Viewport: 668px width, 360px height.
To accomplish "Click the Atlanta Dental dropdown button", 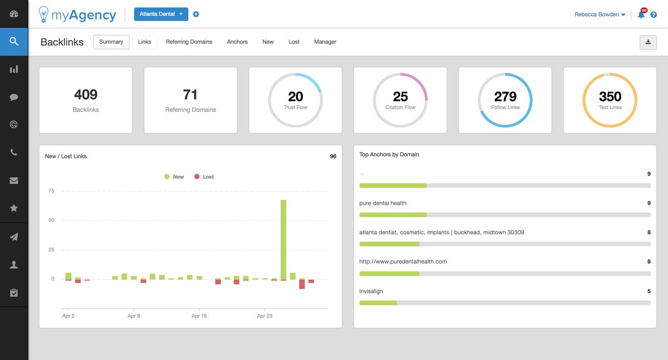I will tap(161, 14).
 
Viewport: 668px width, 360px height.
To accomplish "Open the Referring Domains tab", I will tap(189, 42).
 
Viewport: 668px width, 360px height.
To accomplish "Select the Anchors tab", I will tap(237, 42).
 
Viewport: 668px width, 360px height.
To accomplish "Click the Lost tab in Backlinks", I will tap(294, 42).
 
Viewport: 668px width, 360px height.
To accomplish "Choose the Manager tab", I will tap(325, 42).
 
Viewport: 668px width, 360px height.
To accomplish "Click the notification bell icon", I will tap(641, 15).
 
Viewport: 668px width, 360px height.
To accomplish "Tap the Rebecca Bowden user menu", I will tap(600, 14).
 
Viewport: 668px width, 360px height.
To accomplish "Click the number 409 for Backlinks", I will tap(86, 95).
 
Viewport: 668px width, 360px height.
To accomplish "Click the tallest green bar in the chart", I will tap(283, 239).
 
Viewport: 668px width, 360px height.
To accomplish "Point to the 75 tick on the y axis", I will tap(51, 191).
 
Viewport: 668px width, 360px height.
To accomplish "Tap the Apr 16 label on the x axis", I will tap(199, 316).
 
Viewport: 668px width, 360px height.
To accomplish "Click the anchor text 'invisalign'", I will tap(371, 291).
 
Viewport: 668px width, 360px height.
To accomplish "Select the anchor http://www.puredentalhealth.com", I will tap(403, 262).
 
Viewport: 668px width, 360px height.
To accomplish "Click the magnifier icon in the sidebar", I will tap(14, 42).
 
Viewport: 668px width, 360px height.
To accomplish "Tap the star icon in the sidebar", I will tap(14, 208).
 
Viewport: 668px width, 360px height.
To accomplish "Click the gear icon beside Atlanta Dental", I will tap(196, 14).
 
